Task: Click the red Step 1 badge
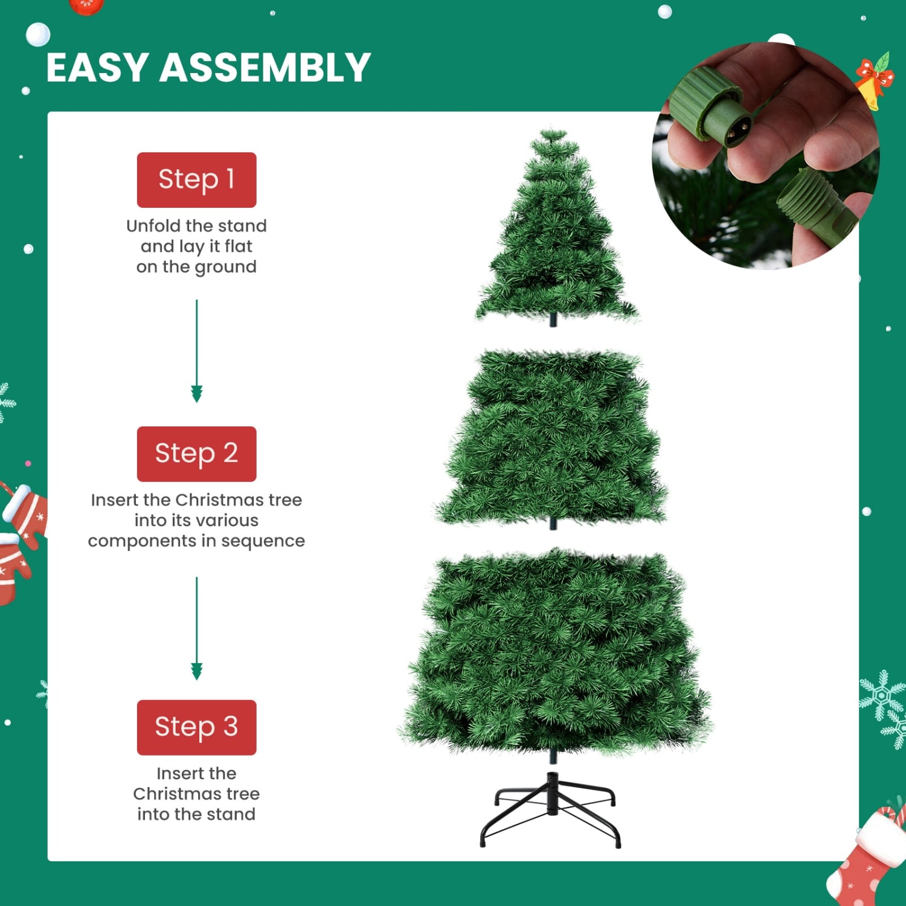[x=196, y=179]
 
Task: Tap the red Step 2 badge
[x=196, y=454]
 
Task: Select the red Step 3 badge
[x=196, y=727]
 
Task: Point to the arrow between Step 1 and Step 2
[x=196, y=350]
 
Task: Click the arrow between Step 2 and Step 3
[x=196, y=628]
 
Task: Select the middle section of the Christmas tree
[x=553, y=438]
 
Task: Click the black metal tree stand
[x=551, y=809]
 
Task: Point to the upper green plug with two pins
[x=713, y=109]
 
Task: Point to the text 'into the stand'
[x=196, y=814]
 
